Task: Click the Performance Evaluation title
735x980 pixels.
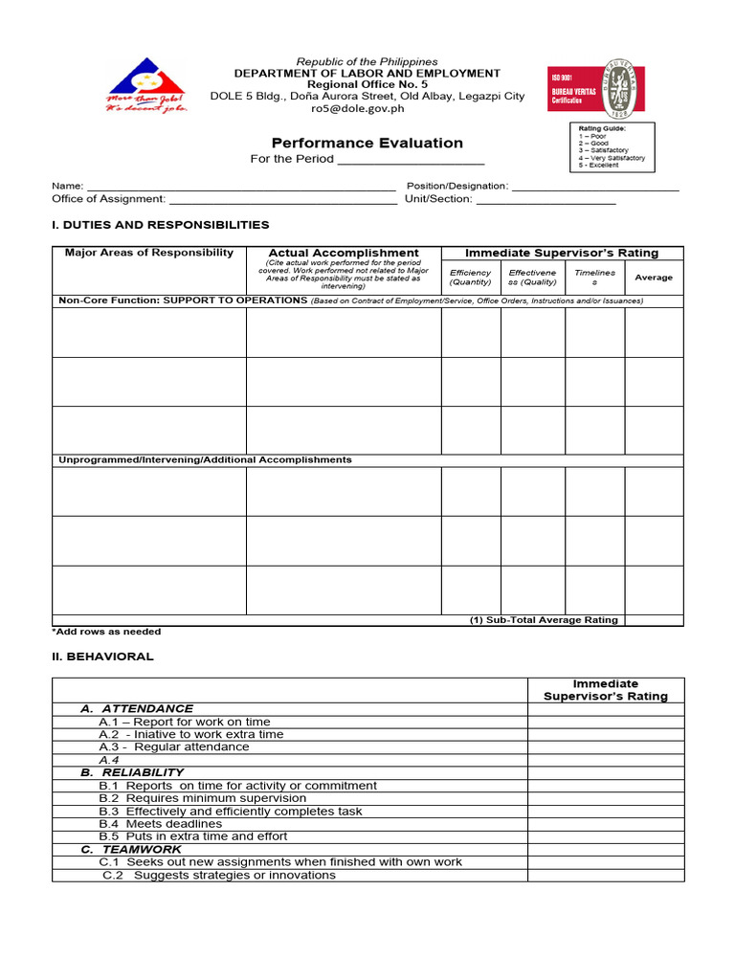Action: point(367,143)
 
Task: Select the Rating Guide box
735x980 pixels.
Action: point(613,146)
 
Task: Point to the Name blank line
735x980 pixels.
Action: point(240,188)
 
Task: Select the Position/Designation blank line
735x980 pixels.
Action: point(595,188)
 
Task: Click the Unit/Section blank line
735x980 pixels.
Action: point(546,201)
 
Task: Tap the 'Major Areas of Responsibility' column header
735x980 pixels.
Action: point(149,254)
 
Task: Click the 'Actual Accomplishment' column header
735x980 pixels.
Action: point(344,254)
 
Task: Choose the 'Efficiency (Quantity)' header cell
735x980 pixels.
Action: point(470,278)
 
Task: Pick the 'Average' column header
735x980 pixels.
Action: point(654,278)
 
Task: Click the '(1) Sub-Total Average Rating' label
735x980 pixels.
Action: point(544,620)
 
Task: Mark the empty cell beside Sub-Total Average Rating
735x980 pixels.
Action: point(654,620)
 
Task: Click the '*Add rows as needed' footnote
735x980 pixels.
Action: point(106,633)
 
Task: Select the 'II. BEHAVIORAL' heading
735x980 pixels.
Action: point(102,657)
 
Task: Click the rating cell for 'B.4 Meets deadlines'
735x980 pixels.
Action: point(605,824)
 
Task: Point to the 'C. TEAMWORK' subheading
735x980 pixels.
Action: point(131,850)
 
